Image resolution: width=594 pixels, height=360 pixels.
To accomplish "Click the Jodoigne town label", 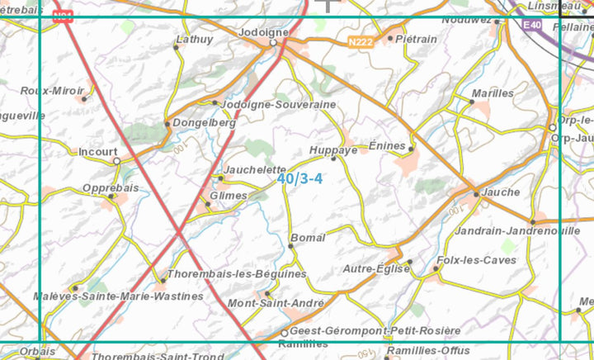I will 263,32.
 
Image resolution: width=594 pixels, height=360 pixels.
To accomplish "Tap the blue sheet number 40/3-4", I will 299,178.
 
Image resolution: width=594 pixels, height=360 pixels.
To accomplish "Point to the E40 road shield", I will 532,26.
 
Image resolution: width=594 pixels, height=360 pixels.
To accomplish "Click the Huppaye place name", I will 332,150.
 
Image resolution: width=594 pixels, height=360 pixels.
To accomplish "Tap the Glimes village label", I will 229,196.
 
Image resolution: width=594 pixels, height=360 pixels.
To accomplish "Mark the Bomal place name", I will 308,238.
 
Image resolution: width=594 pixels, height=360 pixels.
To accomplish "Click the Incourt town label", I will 98,152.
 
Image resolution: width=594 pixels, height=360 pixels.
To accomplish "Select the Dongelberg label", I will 205,122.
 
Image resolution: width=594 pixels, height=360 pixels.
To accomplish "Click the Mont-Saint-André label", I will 275,303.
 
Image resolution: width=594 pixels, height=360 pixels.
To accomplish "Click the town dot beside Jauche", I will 476,194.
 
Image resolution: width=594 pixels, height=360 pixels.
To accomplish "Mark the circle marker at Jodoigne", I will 274,43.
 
